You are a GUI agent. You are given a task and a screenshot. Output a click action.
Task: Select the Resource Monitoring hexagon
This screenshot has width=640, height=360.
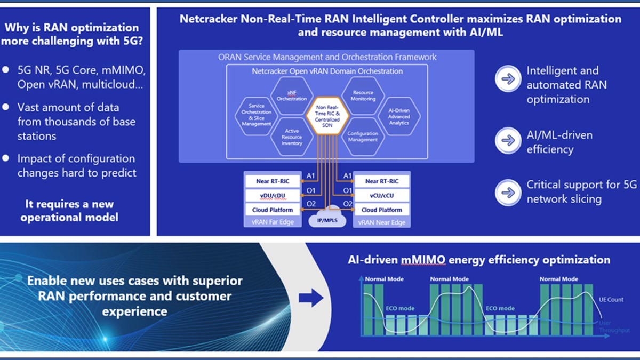pyautogui.click(x=363, y=95)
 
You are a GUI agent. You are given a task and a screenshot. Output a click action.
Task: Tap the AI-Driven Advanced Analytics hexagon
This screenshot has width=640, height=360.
pyautogui.click(x=399, y=115)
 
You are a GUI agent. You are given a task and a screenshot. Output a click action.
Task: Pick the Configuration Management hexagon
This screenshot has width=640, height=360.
pyautogui.click(x=363, y=137)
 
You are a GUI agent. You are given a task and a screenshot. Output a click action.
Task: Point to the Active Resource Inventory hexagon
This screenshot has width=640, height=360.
pyautogui.click(x=292, y=137)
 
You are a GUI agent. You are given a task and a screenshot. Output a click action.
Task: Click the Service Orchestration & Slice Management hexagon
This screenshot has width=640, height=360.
pyautogui.click(x=257, y=115)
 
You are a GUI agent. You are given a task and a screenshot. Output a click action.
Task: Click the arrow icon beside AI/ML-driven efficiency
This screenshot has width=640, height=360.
pyautogui.click(x=508, y=141)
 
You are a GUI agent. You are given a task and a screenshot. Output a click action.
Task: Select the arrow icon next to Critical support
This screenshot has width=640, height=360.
pyautogui.click(x=508, y=192)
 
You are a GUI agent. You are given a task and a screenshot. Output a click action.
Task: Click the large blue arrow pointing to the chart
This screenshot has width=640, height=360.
pyautogui.click(x=311, y=298)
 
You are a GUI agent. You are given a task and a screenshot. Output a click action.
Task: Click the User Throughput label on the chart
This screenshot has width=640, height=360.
pyautogui.click(x=607, y=327)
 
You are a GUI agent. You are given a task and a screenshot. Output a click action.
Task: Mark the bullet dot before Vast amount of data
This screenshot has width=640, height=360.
pyautogui.click(x=6, y=107)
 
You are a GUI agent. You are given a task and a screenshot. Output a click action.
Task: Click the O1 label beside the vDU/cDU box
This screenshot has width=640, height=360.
pyautogui.click(x=310, y=190)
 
